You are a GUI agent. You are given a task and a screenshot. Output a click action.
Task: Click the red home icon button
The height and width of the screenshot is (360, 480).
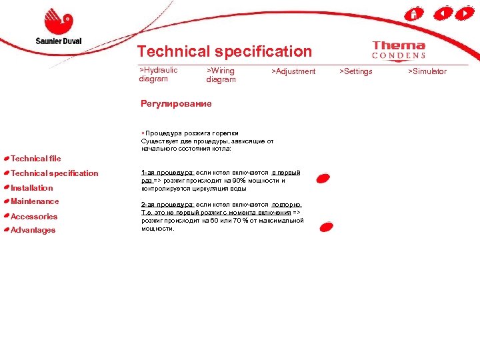pos(414,13)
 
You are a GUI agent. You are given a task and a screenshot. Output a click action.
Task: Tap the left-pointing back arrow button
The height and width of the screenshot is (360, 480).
pos(443,13)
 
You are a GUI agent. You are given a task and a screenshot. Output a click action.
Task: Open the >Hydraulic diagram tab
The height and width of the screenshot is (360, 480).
pos(158,74)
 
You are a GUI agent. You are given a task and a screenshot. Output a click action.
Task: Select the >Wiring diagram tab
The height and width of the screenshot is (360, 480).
pos(221,75)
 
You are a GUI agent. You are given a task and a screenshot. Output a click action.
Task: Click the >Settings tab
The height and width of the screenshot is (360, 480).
pos(356,71)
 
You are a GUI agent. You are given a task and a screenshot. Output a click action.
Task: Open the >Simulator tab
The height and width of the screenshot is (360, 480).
pos(427,71)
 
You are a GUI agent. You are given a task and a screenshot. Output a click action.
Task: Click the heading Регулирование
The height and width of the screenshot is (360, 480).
pos(176,103)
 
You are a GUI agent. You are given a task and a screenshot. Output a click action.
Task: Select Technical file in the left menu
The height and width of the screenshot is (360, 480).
pos(35,159)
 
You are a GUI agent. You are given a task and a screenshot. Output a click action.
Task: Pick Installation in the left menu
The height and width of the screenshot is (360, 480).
pos(31,188)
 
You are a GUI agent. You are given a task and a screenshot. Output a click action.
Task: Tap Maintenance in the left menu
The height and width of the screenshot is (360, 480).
pos(35,201)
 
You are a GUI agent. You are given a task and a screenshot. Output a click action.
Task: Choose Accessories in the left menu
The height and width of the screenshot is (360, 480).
pos(34,217)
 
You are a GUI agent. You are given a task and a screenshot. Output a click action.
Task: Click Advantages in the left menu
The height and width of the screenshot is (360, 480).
pos(33,231)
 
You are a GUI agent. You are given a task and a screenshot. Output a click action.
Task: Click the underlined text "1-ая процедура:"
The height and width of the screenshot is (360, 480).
pos(167,173)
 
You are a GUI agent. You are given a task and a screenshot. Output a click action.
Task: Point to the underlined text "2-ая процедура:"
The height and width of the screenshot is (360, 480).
pos(167,205)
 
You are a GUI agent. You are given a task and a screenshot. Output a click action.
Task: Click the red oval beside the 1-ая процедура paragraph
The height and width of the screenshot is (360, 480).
pos(323,178)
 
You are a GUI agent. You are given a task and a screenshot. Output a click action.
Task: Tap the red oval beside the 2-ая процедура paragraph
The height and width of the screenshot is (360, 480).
pos(326,227)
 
